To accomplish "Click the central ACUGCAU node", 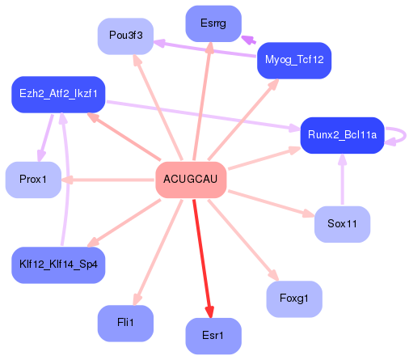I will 191,179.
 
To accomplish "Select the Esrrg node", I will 213,23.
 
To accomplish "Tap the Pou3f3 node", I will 125,36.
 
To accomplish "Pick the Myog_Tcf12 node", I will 294,60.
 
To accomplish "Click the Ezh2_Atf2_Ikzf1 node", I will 58,95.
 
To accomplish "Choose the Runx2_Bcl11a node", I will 340,135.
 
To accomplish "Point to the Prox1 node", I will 33,179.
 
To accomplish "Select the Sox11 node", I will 342,223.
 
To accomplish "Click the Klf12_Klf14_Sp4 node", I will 58,265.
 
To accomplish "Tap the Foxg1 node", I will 294,299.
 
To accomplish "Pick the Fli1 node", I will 125,323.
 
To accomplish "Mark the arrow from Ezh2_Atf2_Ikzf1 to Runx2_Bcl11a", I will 202,115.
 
